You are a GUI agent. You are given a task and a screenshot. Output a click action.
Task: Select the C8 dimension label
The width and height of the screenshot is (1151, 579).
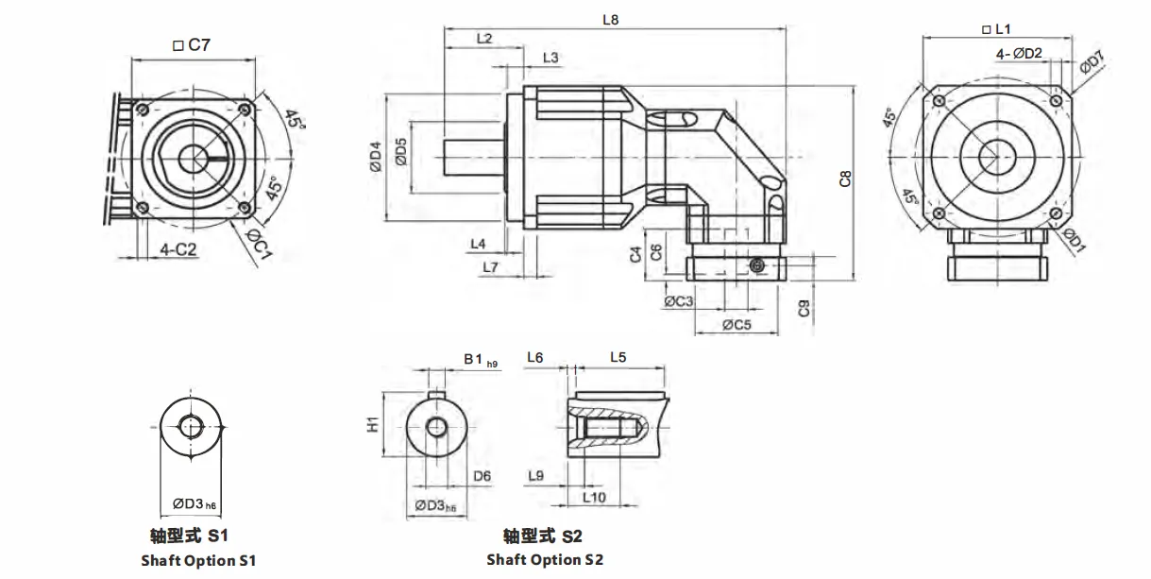coord(846,179)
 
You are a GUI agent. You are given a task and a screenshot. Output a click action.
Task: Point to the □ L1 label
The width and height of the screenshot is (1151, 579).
coord(998,30)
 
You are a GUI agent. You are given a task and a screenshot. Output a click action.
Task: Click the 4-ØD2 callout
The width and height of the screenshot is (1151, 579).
coord(1019,54)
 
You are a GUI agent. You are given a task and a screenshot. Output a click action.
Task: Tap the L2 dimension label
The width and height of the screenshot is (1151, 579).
coord(484,39)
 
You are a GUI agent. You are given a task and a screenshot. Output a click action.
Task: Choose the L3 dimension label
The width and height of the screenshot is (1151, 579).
coord(551,59)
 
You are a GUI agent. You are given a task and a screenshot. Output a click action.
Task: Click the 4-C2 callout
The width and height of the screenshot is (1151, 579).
coord(178,249)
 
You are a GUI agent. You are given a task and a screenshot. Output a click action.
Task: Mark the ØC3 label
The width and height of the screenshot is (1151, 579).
coord(679,301)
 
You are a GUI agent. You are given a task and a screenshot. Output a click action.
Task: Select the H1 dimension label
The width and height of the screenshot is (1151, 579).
coord(373,426)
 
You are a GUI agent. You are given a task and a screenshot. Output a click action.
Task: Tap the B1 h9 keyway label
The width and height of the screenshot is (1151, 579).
coord(480,360)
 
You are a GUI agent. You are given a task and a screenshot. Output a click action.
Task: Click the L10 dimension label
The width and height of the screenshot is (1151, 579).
coord(594,497)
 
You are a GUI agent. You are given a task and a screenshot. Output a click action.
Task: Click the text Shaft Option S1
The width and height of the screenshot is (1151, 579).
coord(199,560)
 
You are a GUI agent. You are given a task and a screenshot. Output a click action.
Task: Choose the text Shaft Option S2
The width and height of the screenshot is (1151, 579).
coord(545,559)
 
